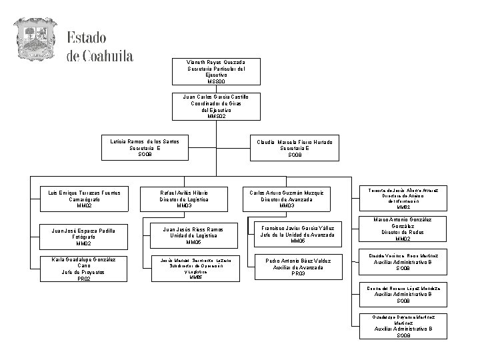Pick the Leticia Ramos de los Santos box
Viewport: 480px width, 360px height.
click(x=145, y=148)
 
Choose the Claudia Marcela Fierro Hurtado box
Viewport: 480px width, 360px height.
click(x=295, y=149)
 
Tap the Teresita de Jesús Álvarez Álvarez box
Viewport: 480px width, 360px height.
click(x=399, y=199)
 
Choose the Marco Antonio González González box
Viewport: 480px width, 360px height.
click(x=403, y=229)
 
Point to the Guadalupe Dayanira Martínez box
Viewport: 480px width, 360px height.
click(x=403, y=325)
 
